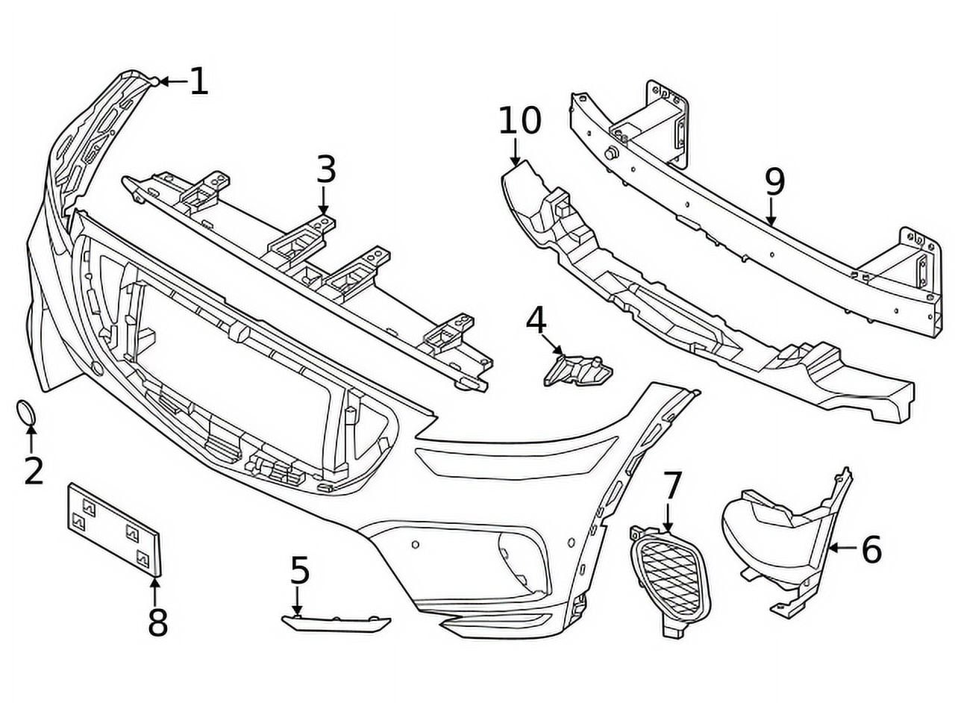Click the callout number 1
tap(198, 81)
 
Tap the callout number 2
tap(33, 471)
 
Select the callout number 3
tap(326, 170)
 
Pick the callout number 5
tap(299, 571)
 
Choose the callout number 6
tap(871, 550)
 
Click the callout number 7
tap(672, 486)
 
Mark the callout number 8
tap(157, 622)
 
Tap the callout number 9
tap(774, 181)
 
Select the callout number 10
tap(519, 121)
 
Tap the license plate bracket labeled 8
tap(114, 528)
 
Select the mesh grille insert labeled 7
tap(669, 575)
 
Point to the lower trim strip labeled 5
tap(336, 622)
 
